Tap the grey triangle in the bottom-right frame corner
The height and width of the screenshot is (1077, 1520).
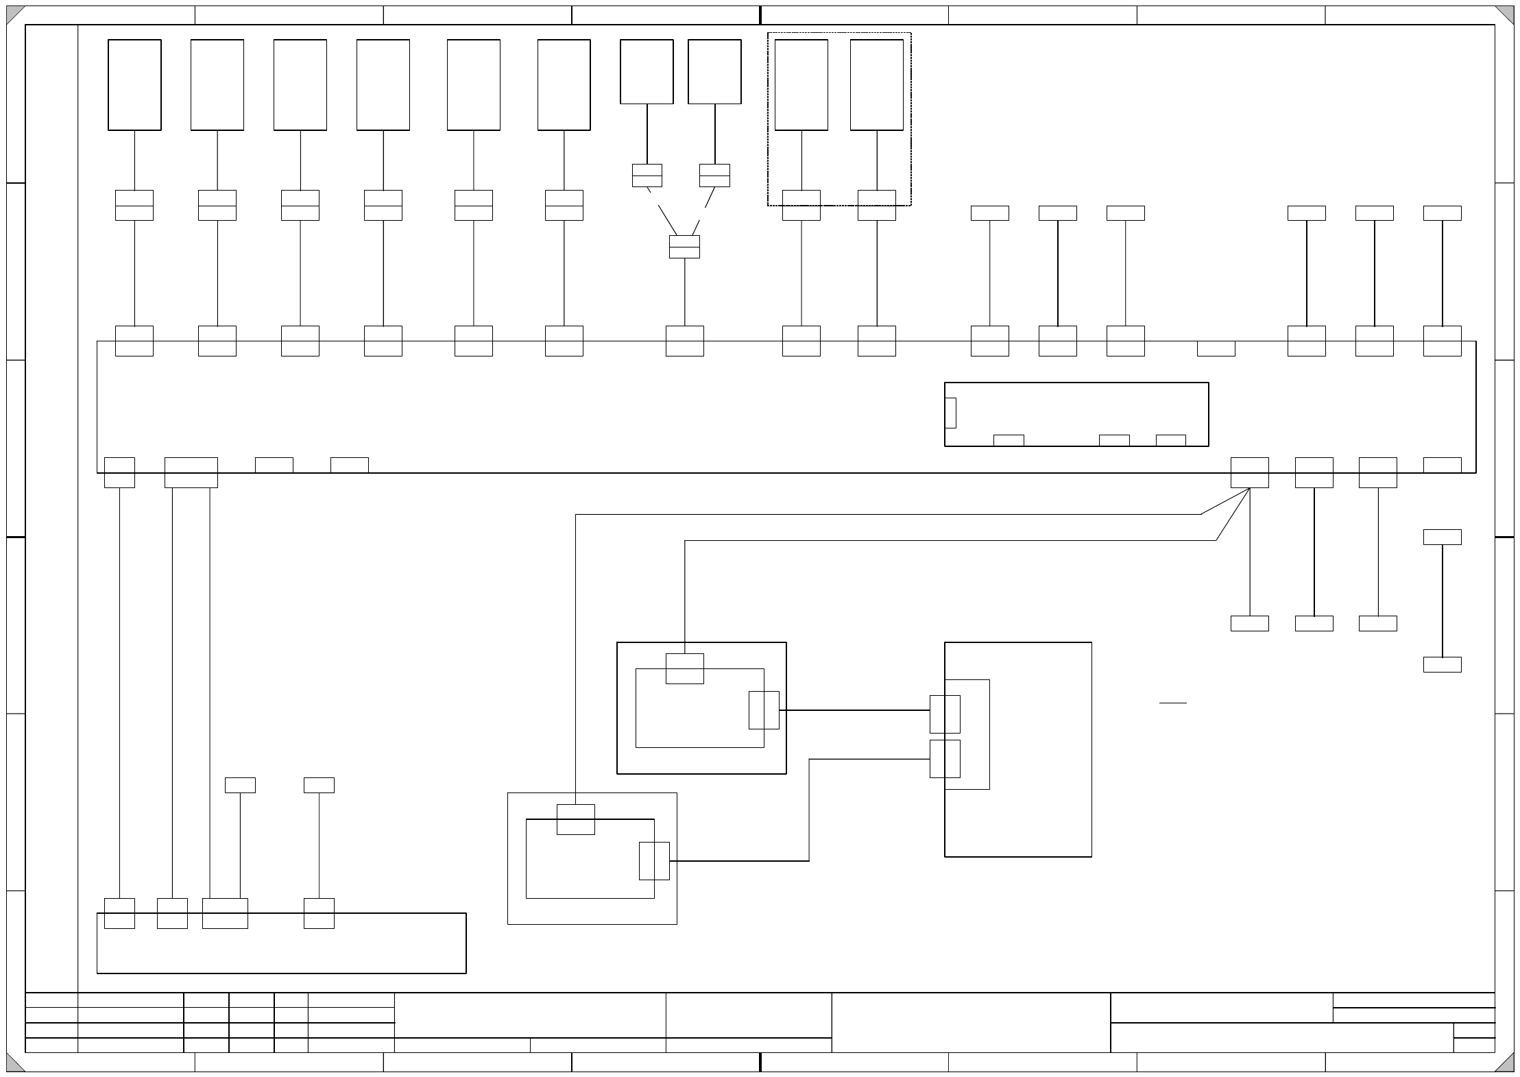tap(1506, 1064)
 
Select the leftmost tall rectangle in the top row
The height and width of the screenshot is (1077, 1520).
tap(134, 84)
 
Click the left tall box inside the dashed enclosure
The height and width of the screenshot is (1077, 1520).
tap(801, 84)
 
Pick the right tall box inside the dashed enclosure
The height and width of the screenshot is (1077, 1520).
tap(876, 84)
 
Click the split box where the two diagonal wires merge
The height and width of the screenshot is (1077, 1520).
tap(684, 247)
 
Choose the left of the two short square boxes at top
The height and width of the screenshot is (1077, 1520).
tap(647, 71)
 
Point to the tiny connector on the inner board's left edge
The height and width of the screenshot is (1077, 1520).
tap(950, 413)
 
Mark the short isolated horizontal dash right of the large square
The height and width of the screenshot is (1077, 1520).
tap(1172, 703)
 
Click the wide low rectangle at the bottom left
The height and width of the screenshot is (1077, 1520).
tap(281, 949)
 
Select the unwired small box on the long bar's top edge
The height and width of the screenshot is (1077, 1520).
tap(1216, 348)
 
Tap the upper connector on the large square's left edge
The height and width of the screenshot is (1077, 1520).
tap(945, 714)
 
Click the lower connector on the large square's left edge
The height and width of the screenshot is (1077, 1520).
tap(945, 759)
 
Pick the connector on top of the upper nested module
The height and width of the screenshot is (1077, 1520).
tap(684, 668)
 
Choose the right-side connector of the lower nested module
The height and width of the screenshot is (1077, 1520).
tap(654, 861)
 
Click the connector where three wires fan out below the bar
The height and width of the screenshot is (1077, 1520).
tap(1249, 472)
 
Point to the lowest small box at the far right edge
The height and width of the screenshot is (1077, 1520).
tap(1442, 664)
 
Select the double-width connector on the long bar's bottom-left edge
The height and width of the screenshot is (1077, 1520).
tap(191, 472)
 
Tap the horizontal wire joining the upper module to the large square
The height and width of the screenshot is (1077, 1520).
tap(854, 710)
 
